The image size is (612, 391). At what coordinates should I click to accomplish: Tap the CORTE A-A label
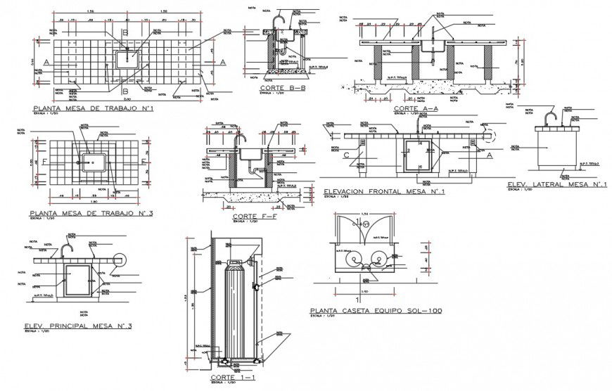coord(416,108)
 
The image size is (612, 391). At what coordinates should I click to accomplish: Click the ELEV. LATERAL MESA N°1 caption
coord(557,184)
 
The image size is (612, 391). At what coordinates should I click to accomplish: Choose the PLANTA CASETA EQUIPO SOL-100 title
coord(376,310)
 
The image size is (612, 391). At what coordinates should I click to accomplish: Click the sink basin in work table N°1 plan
coord(128,56)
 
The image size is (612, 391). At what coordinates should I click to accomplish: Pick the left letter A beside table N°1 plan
coord(46,63)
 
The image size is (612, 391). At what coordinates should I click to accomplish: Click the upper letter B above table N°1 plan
coord(125,33)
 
